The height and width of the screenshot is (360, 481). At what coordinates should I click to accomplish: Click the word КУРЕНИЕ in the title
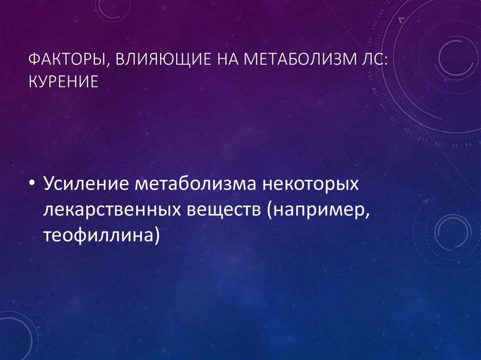pyautogui.click(x=63, y=82)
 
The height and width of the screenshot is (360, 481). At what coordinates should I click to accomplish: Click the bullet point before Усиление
pyautogui.click(x=32, y=184)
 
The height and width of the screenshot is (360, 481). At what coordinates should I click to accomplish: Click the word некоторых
pyautogui.click(x=308, y=184)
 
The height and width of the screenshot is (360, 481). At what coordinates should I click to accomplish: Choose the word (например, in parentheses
pyautogui.click(x=317, y=210)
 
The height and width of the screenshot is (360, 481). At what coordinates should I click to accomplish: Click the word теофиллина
pyautogui.click(x=99, y=234)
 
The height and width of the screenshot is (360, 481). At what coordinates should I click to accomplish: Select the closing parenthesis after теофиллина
pyautogui.click(x=157, y=235)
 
